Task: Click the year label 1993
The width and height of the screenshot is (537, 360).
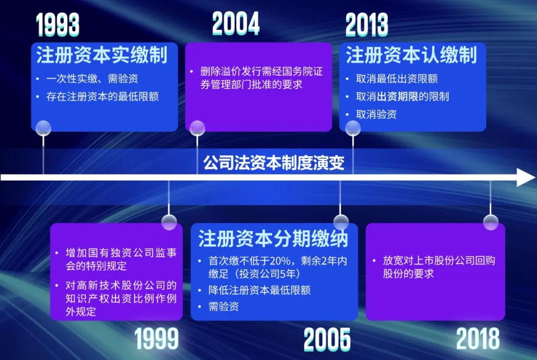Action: click(x=58, y=25)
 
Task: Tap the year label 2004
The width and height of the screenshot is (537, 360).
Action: click(x=236, y=23)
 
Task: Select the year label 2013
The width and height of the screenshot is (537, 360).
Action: click(x=366, y=25)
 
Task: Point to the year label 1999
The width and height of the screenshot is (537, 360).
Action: click(x=157, y=339)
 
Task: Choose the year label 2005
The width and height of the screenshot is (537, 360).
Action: click(x=327, y=340)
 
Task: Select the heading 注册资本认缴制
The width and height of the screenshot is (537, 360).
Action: click(x=411, y=55)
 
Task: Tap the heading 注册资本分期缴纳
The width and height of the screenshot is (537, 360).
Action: click(x=273, y=238)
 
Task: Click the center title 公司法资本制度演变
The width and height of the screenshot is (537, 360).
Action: click(x=274, y=163)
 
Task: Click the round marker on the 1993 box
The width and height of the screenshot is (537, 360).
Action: click(x=44, y=128)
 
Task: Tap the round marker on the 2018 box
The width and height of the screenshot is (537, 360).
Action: click(x=491, y=222)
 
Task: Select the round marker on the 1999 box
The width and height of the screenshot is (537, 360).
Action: click(x=169, y=222)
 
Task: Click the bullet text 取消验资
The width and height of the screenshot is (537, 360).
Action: click(x=376, y=114)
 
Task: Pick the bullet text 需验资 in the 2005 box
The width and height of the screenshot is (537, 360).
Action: click(x=224, y=306)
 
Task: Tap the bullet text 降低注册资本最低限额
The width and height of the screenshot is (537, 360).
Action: click(x=260, y=290)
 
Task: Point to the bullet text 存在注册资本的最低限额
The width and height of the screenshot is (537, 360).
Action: click(x=102, y=96)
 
